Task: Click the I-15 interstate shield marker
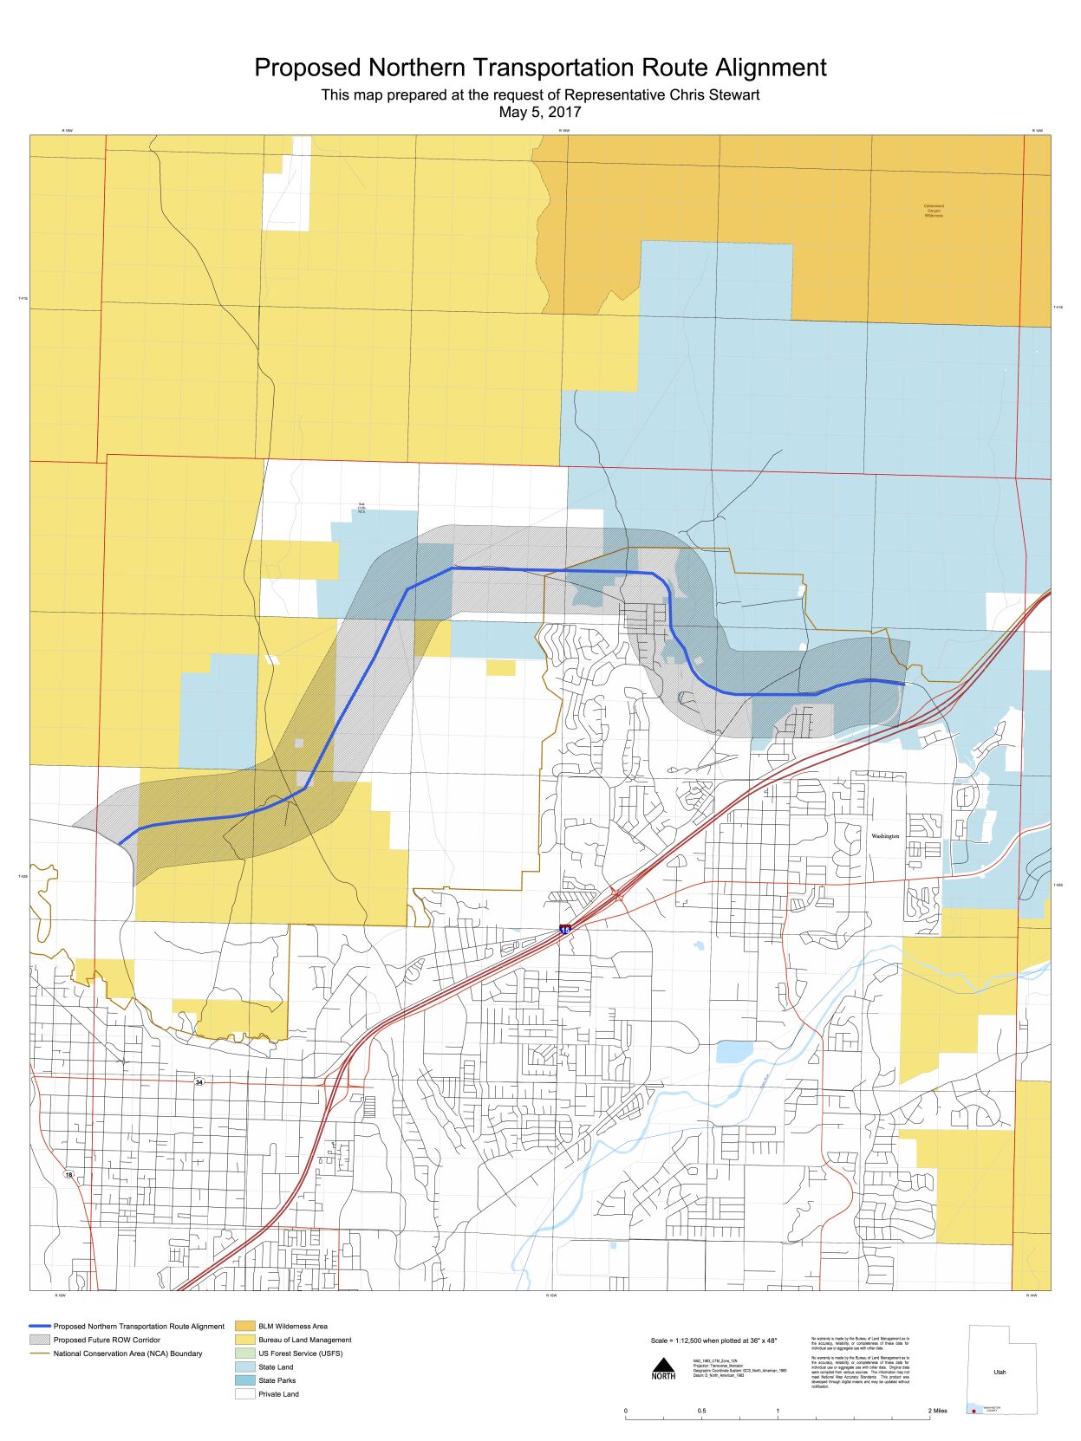(565, 929)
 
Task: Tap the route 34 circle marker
(199, 1082)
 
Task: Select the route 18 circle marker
(69, 1174)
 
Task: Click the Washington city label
(885, 836)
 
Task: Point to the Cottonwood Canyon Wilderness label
(934, 211)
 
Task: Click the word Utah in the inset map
(1000, 1372)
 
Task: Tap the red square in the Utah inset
(974, 1412)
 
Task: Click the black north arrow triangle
(663, 1365)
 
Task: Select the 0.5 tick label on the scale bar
(701, 1411)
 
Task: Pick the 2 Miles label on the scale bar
(938, 1411)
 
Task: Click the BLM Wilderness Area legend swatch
(245, 1326)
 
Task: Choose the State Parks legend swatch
(245, 1380)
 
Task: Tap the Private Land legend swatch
(245, 1394)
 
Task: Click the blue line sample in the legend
(40, 1326)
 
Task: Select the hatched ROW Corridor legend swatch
(40, 1340)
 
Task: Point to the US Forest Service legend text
(300, 1353)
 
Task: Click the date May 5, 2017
(540, 112)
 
